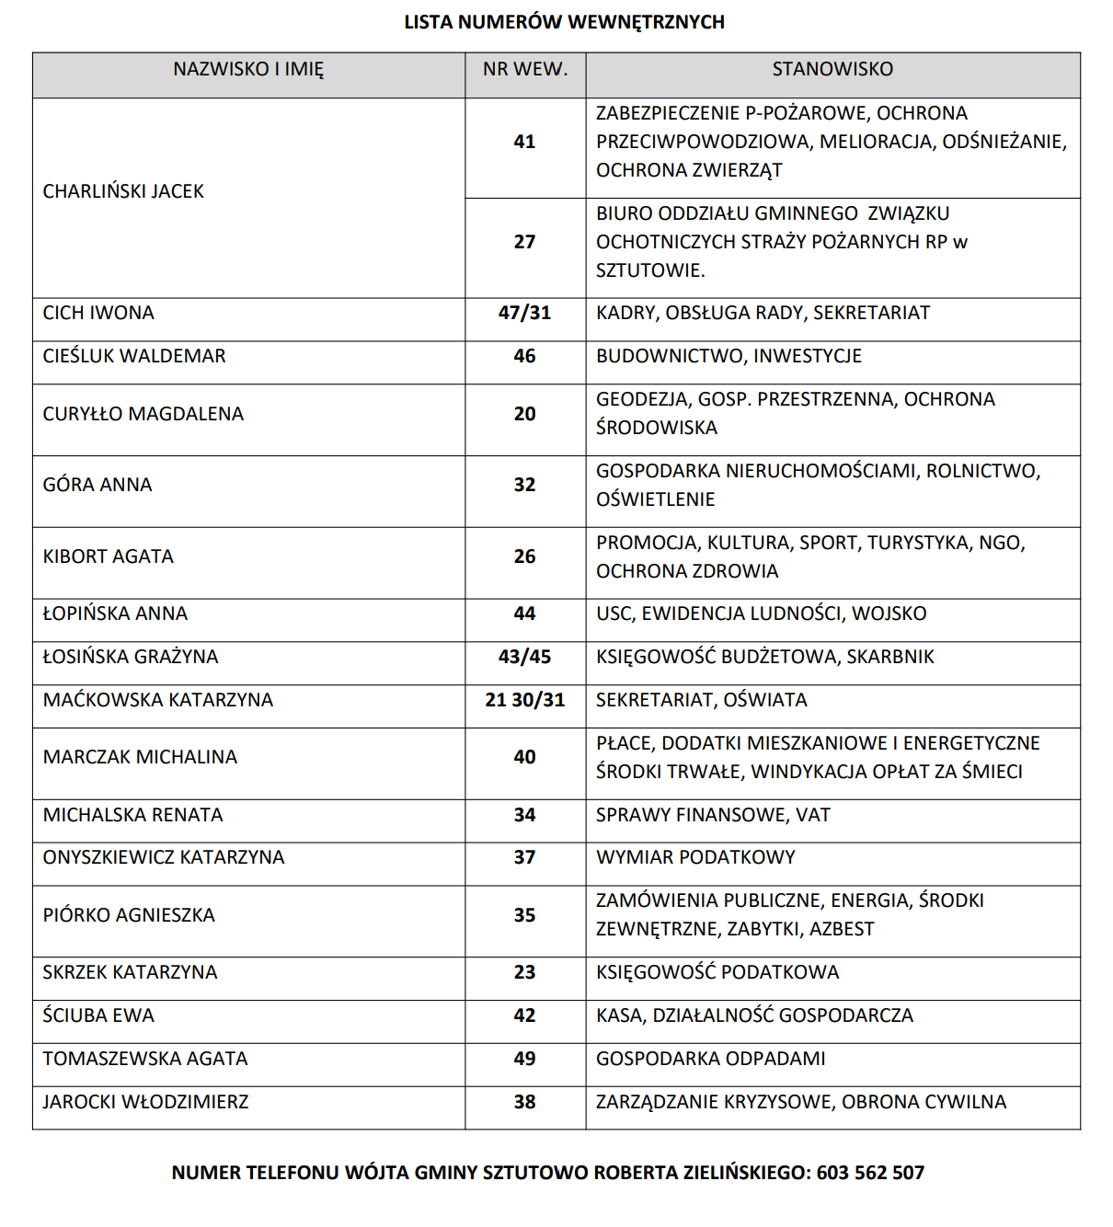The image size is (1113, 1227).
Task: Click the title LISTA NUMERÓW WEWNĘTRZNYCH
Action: (x=564, y=22)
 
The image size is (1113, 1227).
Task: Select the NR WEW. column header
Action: (x=525, y=69)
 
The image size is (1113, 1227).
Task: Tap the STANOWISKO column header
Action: (x=832, y=69)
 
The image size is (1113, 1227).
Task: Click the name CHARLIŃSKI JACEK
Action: (x=123, y=191)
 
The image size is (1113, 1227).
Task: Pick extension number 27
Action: (x=524, y=242)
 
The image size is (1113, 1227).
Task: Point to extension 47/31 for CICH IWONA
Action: (x=524, y=313)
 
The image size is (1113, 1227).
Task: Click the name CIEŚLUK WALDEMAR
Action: (x=134, y=356)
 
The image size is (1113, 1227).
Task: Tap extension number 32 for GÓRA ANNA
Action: (x=524, y=485)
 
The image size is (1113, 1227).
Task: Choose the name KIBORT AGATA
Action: (x=109, y=556)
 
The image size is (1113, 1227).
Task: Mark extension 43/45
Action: (x=524, y=657)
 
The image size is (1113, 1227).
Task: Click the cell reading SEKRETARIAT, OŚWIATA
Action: (x=701, y=700)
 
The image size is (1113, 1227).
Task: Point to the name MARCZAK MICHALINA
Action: (x=140, y=757)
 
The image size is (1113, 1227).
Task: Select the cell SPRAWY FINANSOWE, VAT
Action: (x=713, y=815)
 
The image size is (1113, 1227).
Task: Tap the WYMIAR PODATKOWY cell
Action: (x=695, y=857)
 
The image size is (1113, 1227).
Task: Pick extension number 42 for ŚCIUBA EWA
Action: (x=524, y=1015)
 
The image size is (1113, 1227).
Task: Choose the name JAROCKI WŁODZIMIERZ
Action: (x=145, y=1102)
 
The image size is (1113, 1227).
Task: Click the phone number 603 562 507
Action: (x=870, y=1173)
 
